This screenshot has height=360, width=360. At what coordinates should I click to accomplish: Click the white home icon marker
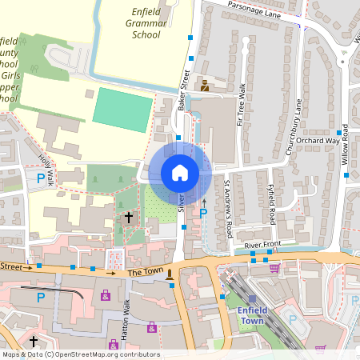(180, 172)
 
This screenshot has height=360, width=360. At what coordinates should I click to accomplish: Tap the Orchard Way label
(317, 140)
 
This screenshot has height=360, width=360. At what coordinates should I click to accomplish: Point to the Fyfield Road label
(272, 205)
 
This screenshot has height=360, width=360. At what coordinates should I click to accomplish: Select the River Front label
(264, 244)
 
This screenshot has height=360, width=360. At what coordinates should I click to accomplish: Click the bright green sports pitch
(122, 110)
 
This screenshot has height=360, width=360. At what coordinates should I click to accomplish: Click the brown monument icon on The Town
(170, 275)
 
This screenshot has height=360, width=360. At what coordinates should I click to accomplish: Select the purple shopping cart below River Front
(274, 269)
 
